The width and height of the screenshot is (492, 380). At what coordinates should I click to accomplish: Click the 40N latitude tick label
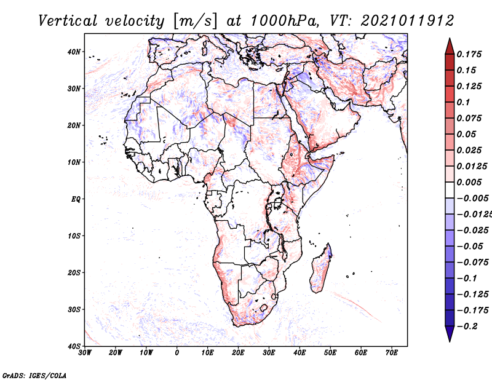coord(74,52)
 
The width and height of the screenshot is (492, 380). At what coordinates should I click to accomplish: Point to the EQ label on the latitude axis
coord(76,199)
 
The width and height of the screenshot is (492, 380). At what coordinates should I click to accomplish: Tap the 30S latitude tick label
coord(74,310)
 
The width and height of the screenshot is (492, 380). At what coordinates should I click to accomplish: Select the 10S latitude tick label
coord(74,236)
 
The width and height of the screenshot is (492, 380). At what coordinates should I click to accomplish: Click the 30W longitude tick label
coord(85,353)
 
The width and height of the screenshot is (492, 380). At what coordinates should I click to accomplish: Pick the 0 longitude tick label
coord(177,353)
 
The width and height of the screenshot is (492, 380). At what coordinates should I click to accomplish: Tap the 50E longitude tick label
coord(330,353)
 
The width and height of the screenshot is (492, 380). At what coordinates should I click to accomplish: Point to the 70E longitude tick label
coord(391,353)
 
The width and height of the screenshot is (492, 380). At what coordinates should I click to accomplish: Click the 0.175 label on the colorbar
coord(469,55)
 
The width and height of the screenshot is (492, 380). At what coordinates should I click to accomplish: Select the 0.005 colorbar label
coord(469,182)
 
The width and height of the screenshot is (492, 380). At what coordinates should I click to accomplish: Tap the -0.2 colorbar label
coord(467,327)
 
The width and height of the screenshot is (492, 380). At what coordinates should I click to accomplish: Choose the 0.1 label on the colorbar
coord(464,103)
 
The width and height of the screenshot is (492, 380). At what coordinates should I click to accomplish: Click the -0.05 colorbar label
coord(470,247)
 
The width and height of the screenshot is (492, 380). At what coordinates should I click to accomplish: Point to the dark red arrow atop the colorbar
coord(450,47)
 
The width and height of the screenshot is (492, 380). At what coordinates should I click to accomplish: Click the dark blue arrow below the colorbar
coord(450,334)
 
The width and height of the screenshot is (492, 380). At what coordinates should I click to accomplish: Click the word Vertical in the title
coord(68,21)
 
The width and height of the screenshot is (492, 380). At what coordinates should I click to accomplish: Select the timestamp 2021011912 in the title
coord(407,21)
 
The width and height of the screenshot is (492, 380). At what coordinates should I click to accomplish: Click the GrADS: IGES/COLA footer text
coord(34,375)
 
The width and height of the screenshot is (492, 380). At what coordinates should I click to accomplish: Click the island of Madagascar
coord(320,270)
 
